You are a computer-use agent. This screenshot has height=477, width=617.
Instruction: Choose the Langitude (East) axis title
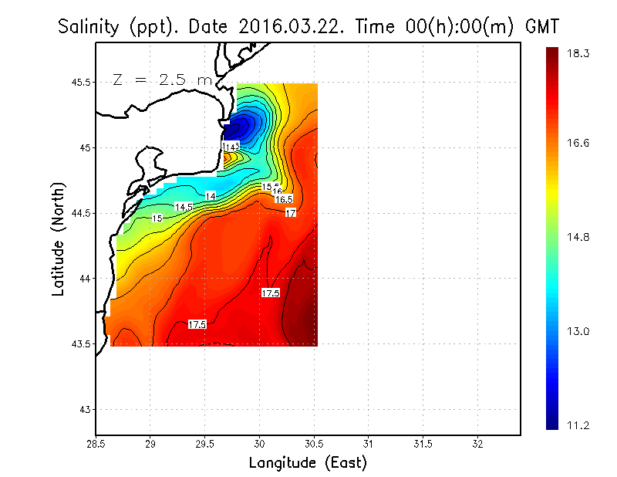(308, 463)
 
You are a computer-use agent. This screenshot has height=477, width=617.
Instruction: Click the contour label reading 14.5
(184, 207)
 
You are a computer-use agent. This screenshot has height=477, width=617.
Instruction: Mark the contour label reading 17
(291, 212)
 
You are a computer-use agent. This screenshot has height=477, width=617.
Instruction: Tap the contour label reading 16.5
(284, 199)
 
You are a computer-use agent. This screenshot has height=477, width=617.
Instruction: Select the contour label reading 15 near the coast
(157, 218)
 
